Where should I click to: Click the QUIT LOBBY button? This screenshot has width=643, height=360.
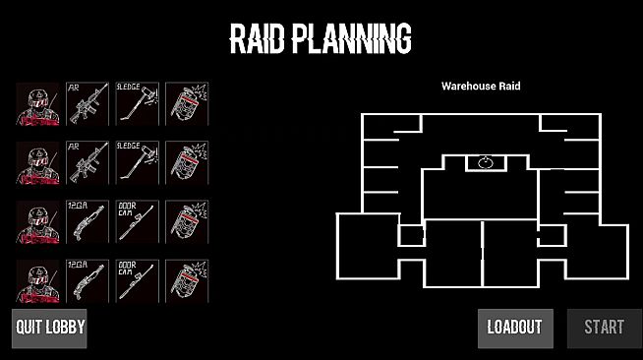49,328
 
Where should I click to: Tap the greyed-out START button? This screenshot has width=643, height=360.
604,328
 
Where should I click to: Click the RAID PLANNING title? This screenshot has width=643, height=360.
321,38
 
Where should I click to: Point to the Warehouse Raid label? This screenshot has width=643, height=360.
481,87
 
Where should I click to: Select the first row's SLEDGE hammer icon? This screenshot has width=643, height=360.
136,103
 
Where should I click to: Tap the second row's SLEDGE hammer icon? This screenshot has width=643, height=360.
136,162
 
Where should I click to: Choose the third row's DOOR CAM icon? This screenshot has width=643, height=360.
136,221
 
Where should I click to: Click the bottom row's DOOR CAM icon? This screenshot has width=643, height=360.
136,280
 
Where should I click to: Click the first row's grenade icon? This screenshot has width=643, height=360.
186,103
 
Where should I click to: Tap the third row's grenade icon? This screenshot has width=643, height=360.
186,221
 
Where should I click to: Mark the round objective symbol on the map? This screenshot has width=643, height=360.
484,161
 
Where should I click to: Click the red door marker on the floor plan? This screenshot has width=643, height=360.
424,232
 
